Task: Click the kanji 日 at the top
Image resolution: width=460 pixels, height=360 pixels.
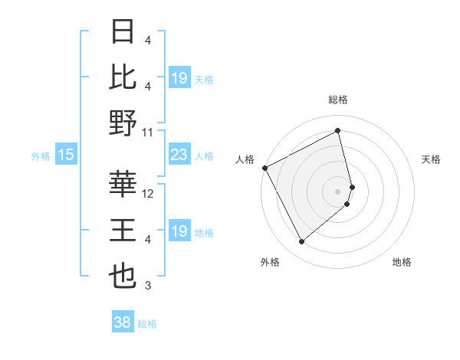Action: pos(123,31)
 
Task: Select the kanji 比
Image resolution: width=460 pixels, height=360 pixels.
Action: pos(123,77)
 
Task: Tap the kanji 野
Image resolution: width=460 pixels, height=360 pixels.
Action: pos(123,123)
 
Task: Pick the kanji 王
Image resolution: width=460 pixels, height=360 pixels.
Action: pos(123,231)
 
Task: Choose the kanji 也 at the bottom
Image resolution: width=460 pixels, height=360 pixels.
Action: pos(123,277)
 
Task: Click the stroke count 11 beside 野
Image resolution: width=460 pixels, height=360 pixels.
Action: pos(149,132)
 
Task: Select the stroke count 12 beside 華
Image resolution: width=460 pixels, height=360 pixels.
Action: pos(149,194)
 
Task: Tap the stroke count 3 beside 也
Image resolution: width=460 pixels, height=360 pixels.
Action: pos(149,286)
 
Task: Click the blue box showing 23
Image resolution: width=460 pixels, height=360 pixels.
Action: pos(179,155)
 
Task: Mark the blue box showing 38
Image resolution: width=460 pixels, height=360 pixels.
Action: pos(123,323)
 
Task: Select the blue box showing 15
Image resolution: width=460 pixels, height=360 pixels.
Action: pos(65,155)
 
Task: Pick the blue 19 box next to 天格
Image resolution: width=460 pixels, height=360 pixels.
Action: pos(179,79)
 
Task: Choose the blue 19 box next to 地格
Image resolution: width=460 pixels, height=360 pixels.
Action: pos(179,232)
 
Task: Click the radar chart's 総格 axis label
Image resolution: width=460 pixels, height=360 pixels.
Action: pos(338,100)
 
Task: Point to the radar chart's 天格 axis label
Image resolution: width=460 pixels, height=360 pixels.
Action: pos(431,159)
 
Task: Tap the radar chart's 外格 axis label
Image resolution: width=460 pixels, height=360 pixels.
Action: pos(270,262)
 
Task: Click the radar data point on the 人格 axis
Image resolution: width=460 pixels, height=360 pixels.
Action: pos(264,168)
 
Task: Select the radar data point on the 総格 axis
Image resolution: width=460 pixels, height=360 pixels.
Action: pos(338,131)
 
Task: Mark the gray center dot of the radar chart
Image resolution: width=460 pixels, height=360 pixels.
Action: pos(338,190)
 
